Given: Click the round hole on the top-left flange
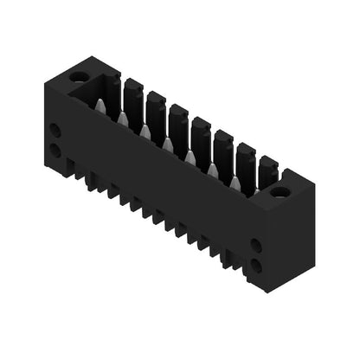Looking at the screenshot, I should point(79,77).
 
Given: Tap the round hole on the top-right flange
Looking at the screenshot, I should point(280,191).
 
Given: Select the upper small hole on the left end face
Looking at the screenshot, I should point(55,131).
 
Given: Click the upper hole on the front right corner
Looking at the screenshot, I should point(256,246).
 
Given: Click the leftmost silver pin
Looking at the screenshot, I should point(100,106).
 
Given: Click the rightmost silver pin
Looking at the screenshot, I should point(235,183).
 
